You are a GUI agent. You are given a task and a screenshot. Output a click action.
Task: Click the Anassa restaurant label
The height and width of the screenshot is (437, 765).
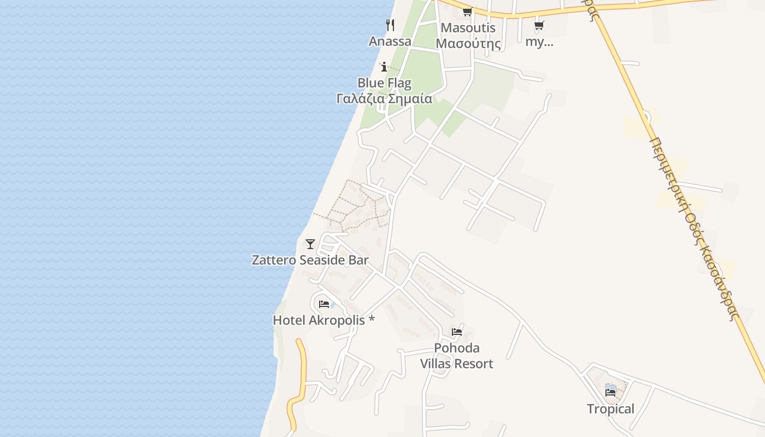[390, 42]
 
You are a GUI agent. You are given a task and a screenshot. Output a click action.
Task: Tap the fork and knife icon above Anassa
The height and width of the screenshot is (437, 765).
[390, 25]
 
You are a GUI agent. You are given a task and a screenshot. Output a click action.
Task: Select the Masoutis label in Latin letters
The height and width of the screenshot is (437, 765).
[468, 28]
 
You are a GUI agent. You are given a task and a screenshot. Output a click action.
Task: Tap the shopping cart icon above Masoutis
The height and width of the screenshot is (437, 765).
[467, 12]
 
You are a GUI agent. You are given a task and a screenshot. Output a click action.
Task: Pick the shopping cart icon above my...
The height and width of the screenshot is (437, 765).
[539, 25]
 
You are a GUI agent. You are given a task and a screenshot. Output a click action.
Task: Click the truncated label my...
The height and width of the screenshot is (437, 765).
[539, 42]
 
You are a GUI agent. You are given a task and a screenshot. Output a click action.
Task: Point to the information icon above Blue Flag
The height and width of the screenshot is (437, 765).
[384, 67]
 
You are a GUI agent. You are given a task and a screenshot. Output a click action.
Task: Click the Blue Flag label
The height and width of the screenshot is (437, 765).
[384, 83]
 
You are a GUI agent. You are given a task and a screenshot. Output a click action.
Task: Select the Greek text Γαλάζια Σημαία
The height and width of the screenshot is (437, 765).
[384, 99]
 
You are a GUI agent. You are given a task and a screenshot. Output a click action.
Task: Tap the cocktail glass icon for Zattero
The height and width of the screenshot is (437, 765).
[310, 244]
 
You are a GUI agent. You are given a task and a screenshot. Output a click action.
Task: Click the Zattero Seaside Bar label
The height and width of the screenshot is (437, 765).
[310, 260]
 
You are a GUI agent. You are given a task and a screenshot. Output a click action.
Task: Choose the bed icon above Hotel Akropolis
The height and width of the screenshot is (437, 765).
[324, 304]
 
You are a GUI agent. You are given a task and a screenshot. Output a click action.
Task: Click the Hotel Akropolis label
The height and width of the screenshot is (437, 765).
[323, 320]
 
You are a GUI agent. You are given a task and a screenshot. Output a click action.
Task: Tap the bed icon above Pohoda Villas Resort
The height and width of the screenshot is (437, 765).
[457, 332]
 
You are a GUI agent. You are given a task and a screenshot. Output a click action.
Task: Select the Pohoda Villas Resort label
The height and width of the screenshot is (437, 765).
[457, 356]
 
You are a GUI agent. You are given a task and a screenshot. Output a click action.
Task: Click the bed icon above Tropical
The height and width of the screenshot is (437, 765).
[610, 392]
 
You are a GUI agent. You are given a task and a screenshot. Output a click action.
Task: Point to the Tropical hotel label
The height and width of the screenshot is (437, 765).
[610, 409]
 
